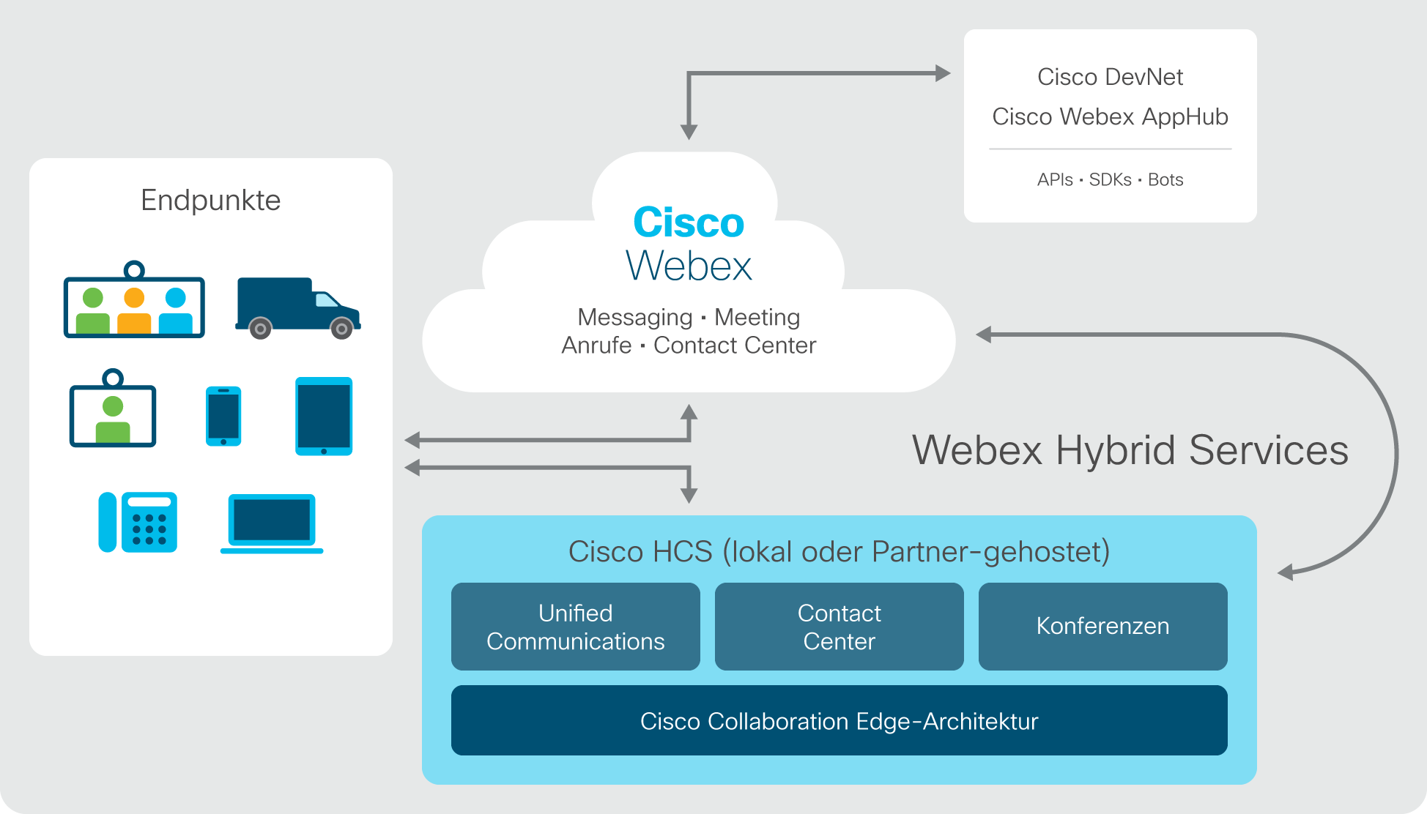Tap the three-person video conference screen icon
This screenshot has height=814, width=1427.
[134, 299]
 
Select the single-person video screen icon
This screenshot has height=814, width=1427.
[113, 408]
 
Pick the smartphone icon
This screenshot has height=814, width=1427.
[223, 416]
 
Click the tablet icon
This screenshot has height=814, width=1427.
[324, 417]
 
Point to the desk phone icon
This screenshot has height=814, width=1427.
[138, 522]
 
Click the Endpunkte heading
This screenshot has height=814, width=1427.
[211, 200]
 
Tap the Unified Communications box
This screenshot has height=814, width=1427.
[576, 627]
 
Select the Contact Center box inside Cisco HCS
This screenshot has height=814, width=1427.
[839, 627]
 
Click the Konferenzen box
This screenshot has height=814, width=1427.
[1103, 627]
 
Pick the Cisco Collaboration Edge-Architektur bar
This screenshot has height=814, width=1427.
[839, 720]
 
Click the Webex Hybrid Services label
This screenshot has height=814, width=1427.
[1130, 450]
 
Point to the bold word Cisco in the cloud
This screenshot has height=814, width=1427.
[689, 222]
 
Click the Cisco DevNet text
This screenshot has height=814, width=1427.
[1111, 77]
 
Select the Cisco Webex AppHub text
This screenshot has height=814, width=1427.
[1111, 116]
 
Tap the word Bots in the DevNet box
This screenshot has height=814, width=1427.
[1165, 179]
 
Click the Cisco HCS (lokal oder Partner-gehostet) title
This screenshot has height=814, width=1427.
[839, 552]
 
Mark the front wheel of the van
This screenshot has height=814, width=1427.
[341, 329]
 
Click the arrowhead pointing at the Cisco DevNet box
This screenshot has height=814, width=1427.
[944, 73]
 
